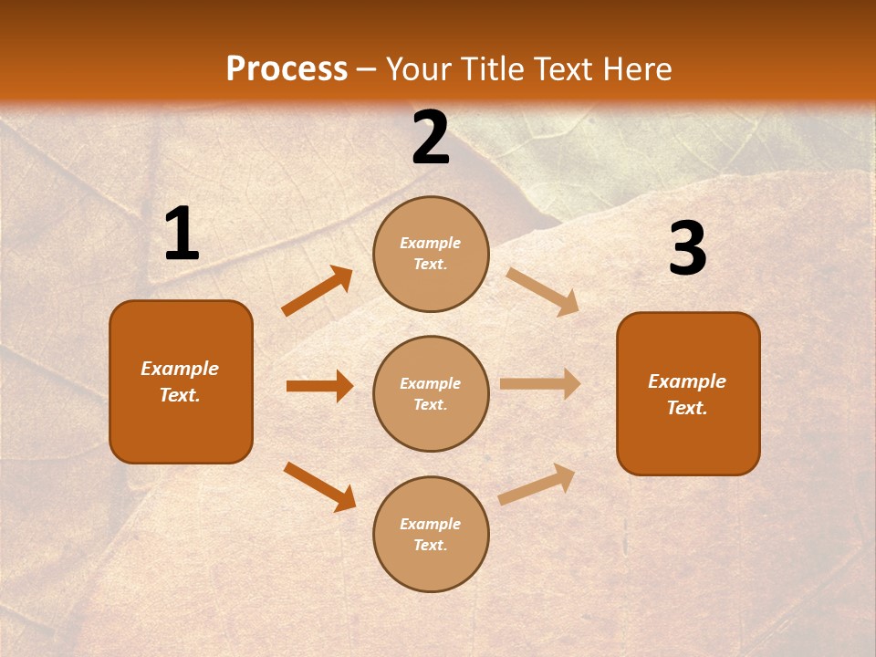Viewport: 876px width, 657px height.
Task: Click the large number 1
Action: [182, 235]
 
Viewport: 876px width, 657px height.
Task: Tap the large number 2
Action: [431, 139]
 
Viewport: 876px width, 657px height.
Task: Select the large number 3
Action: [687, 249]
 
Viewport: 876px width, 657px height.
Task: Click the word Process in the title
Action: [287, 68]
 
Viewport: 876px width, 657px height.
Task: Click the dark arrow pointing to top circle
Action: [318, 291]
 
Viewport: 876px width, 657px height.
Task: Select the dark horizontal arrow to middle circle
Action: [319, 386]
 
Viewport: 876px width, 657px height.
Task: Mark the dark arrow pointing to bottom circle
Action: [319, 486]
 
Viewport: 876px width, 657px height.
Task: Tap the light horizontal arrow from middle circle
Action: [540, 384]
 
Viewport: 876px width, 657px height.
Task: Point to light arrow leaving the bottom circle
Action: [537, 485]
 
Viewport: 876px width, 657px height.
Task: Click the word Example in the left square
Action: [180, 369]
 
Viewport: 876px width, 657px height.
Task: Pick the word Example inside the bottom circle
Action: [430, 524]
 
